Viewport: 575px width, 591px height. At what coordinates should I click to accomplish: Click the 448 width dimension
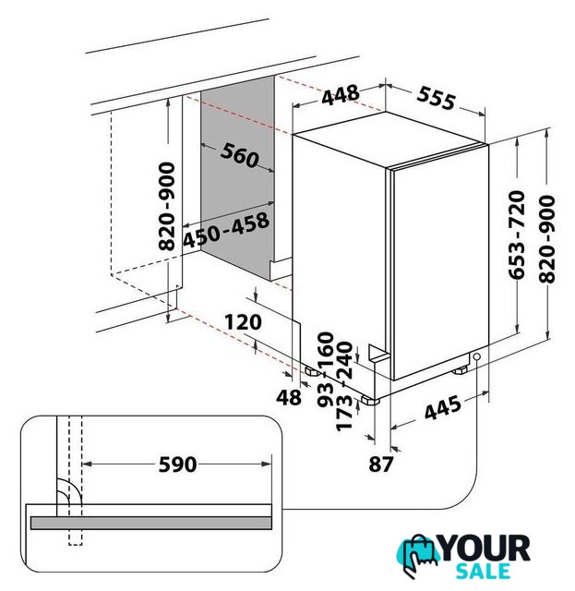[341, 95]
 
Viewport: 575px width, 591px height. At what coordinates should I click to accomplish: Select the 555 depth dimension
[436, 99]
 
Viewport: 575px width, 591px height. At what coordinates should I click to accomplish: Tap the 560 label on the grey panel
[240, 155]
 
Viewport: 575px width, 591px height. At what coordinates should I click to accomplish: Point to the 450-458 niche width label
[226, 230]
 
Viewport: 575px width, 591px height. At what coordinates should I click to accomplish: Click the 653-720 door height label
[516, 235]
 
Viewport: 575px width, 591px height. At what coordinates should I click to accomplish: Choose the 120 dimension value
[243, 322]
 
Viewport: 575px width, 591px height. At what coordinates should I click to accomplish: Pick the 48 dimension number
[289, 397]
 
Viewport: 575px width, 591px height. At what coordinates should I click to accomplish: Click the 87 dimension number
[381, 464]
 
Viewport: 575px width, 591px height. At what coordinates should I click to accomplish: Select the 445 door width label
[442, 407]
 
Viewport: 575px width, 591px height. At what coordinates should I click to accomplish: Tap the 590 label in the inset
[177, 464]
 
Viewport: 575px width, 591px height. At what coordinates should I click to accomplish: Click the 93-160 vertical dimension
[326, 369]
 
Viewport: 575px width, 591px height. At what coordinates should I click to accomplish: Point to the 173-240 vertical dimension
[343, 386]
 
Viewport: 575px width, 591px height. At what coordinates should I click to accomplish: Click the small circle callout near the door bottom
[476, 356]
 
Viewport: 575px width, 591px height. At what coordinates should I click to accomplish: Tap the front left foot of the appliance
[370, 400]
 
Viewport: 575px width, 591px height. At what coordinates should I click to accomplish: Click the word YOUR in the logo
[485, 549]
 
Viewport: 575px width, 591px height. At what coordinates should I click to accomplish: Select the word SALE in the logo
[483, 572]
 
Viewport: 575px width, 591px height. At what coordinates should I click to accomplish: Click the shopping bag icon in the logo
[418, 553]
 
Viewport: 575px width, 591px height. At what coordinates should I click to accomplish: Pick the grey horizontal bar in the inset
[150, 523]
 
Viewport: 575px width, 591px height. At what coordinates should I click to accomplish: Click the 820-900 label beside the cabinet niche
[166, 207]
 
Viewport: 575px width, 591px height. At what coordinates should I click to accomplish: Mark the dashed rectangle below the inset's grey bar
[76, 537]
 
